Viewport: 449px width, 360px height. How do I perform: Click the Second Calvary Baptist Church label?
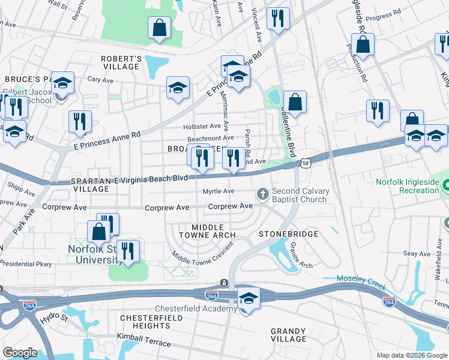[301, 196]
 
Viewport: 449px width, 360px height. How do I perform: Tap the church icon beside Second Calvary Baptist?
[262, 194]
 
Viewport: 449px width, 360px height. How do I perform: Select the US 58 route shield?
[306, 163]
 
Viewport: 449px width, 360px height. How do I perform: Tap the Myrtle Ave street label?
[218, 191]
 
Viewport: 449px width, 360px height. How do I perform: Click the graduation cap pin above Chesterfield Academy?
[247, 298]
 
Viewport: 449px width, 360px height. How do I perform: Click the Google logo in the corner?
[20, 353]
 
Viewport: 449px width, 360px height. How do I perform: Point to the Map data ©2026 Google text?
[412, 355]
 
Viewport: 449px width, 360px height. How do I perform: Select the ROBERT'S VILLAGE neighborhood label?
[121, 62]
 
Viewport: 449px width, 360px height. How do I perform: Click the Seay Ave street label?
[417, 254]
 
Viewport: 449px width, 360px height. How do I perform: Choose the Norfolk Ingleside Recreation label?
[407, 186]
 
